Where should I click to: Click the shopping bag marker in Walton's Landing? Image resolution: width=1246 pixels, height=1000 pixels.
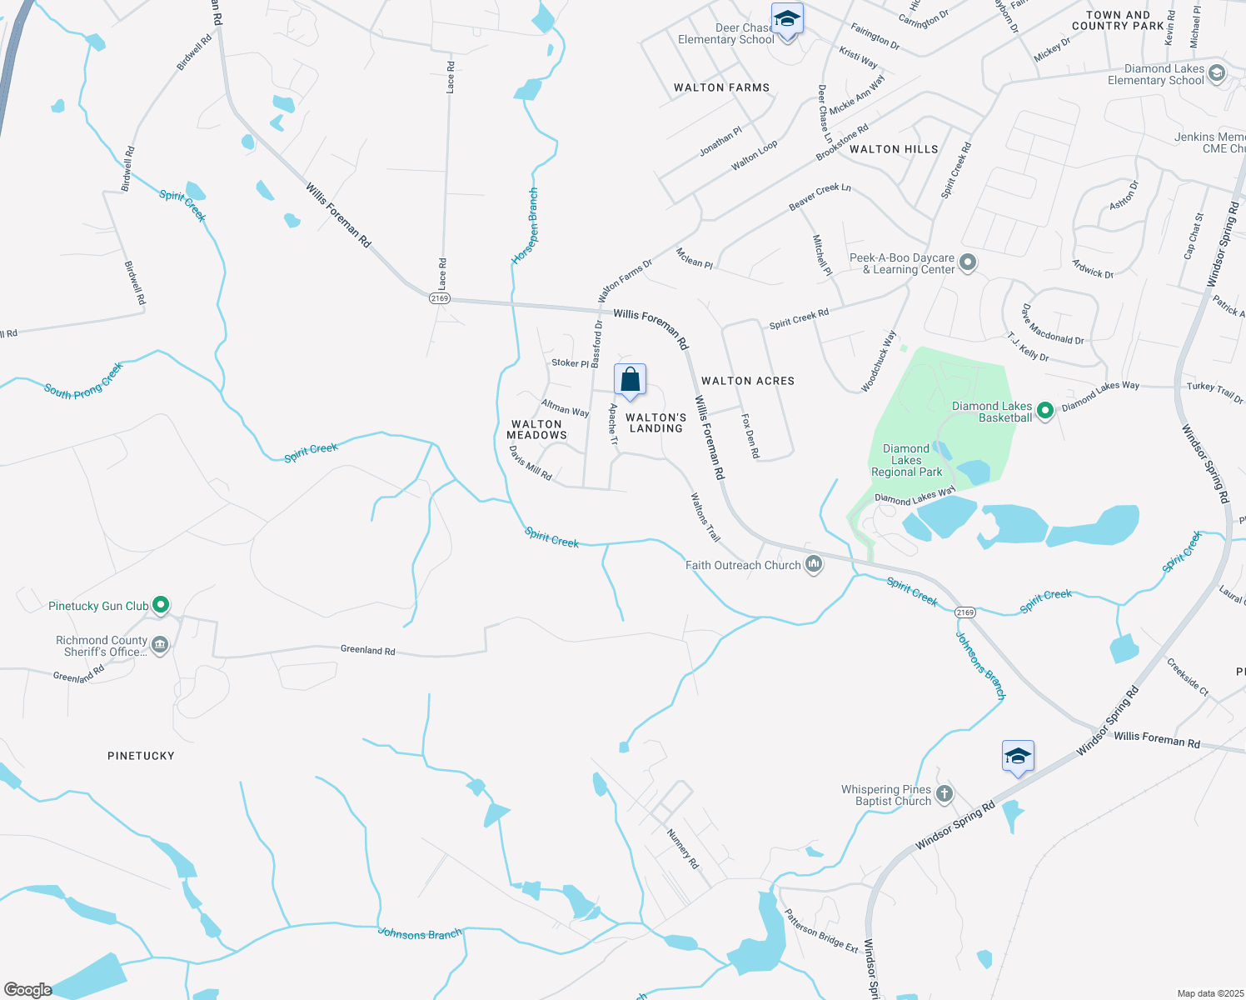click(x=630, y=380)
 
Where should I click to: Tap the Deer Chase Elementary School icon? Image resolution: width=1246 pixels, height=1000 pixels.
click(x=787, y=18)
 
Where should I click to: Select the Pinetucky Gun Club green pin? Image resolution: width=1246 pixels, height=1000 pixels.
click(x=162, y=606)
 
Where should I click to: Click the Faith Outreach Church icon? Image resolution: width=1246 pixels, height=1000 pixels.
click(x=814, y=565)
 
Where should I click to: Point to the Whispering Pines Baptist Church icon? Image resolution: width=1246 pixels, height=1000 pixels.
click(x=944, y=794)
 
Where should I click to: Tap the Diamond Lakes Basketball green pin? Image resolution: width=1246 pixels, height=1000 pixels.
click(x=1045, y=410)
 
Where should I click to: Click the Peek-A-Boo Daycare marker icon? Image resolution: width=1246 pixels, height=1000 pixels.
click(x=968, y=263)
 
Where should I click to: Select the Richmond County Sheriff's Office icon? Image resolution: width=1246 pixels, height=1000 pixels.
click(x=160, y=645)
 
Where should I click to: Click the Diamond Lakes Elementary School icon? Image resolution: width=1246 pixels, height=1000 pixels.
click(x=1216, y=73)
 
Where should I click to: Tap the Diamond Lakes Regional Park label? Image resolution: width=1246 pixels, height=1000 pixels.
click(x=906, y=460)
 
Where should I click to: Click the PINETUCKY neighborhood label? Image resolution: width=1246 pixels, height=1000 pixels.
click(x=141, y=756)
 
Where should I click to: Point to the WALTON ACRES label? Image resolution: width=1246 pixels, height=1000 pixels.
click(x=748, y=381)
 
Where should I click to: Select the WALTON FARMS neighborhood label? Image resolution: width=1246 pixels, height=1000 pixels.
click(x=721, y=87)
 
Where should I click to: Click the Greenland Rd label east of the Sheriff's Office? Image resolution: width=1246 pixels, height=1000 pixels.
click(x=367, y=650)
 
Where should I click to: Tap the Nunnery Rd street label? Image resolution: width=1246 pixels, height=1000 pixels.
click(x=682, y=848)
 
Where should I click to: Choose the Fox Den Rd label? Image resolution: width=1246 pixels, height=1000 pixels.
click(x=750, y=436)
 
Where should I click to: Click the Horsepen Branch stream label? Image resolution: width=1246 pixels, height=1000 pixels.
click(x=525, y=227)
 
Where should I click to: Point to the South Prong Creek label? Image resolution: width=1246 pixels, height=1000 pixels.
click(x=83, y=381)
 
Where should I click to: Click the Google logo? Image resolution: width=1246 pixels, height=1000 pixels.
click(x=27, y=990)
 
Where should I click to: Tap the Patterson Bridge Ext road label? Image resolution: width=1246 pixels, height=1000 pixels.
click(x=821, y=931)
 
